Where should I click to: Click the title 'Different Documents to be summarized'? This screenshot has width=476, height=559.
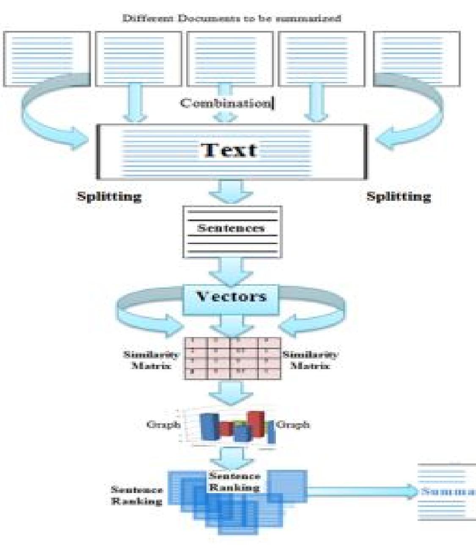tap(231, 18)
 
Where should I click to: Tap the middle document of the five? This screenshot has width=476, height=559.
tap(230, 59)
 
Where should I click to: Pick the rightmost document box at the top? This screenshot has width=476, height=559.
tap(416, 59)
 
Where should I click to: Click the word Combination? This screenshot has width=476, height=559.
tap(226, 103)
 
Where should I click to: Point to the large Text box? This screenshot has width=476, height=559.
tap(231, 151)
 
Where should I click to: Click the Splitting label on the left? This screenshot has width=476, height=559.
tap(109, 197)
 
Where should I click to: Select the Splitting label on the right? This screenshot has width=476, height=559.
tap(398, 197)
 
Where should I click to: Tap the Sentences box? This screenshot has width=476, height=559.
tap(232, 232)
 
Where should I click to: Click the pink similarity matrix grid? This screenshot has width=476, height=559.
tap(232, 358)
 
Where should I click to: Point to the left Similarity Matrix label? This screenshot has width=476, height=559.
tap(151, 360)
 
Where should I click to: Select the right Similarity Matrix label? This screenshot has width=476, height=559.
tap(310, 360)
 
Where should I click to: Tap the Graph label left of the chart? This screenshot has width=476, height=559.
tap(163, 424)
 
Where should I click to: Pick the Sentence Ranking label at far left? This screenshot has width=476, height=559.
tap(137, 495)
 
